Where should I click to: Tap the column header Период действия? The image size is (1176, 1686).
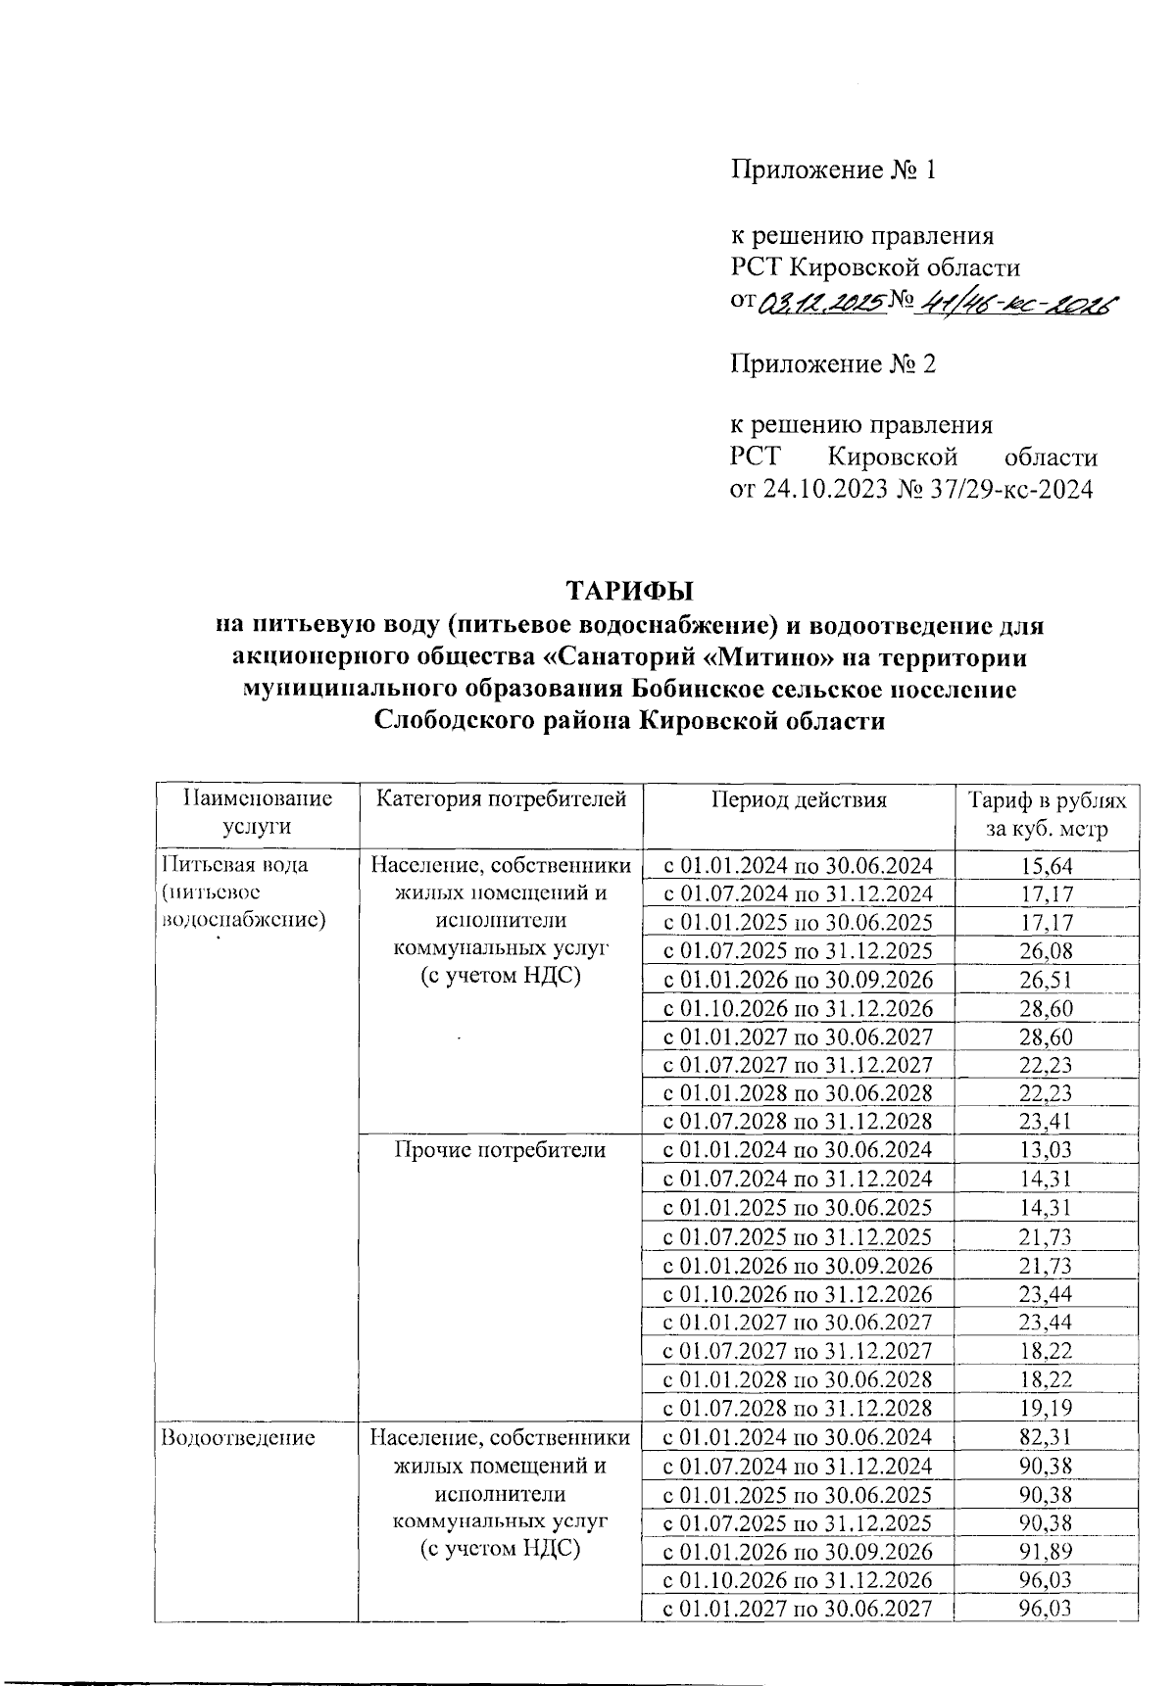[799, 799]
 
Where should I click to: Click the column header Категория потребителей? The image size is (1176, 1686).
[501, 799]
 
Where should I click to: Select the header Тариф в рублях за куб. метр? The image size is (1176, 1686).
[1047, 815]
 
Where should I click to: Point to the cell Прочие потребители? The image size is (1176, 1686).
[500, 1150]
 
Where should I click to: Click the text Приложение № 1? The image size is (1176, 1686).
[833, 170]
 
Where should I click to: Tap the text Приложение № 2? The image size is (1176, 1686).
[833, 365]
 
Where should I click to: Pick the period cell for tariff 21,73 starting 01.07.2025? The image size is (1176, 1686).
[798, 1236]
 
